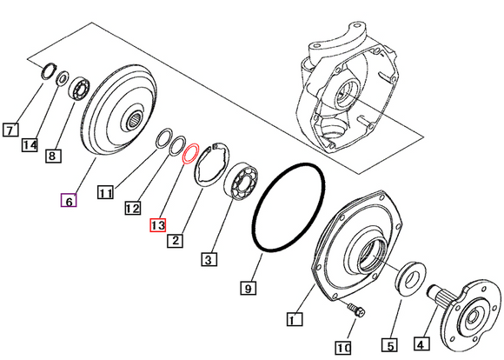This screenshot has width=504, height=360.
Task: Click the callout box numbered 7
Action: [x=10, y=131]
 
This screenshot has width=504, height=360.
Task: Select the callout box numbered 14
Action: [x=30, y=144]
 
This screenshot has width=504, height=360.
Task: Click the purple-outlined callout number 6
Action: [x=68, y=201]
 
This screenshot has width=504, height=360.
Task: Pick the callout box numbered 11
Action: [x=105, y=193]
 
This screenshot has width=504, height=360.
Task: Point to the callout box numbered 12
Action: [x=132, y=209]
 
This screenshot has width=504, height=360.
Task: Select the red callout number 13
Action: [x=157, y=224]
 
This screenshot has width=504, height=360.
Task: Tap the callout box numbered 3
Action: [x=208, y=258]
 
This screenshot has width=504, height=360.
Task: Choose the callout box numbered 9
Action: [x=248, y=286]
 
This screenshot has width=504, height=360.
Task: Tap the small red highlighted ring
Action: [x=190, y=154]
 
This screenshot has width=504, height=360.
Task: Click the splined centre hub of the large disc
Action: [x=138, y=119]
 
